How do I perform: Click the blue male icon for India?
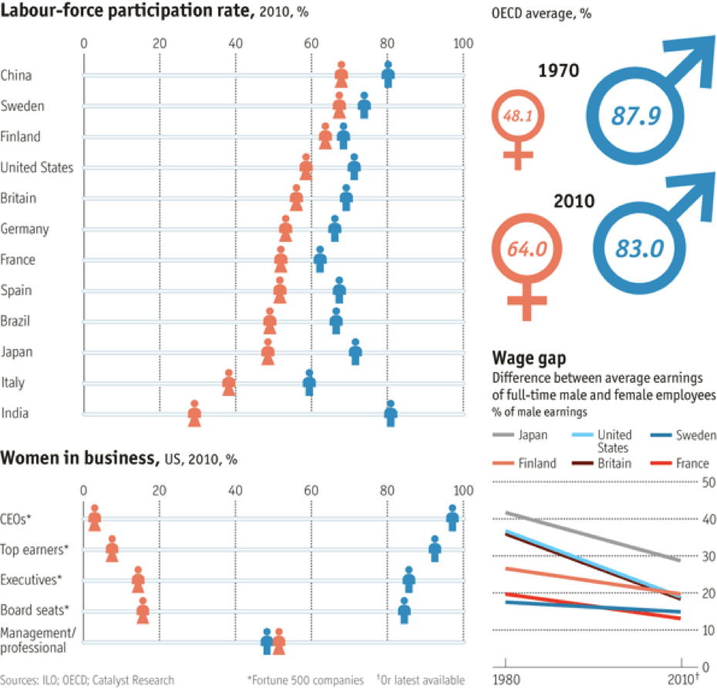pyautogui.click(x=391, y=414)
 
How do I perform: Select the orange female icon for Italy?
pyautogui.click(x=229, y=382)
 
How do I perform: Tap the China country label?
pyautogui.click(x=16, y=76)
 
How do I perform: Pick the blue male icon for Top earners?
pyautogui.click(x=435, y=549)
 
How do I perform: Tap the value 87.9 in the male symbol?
pyautogui.click(x=637, y=116)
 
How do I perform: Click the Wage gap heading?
pyautogui.click(x=529, y=359)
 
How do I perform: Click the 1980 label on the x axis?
pyautogui.click(x=506, y=679)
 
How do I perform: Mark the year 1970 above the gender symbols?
pyautogui.click(x=557, y=72)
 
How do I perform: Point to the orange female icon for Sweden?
pyautogui.click(x=340, y=105)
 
